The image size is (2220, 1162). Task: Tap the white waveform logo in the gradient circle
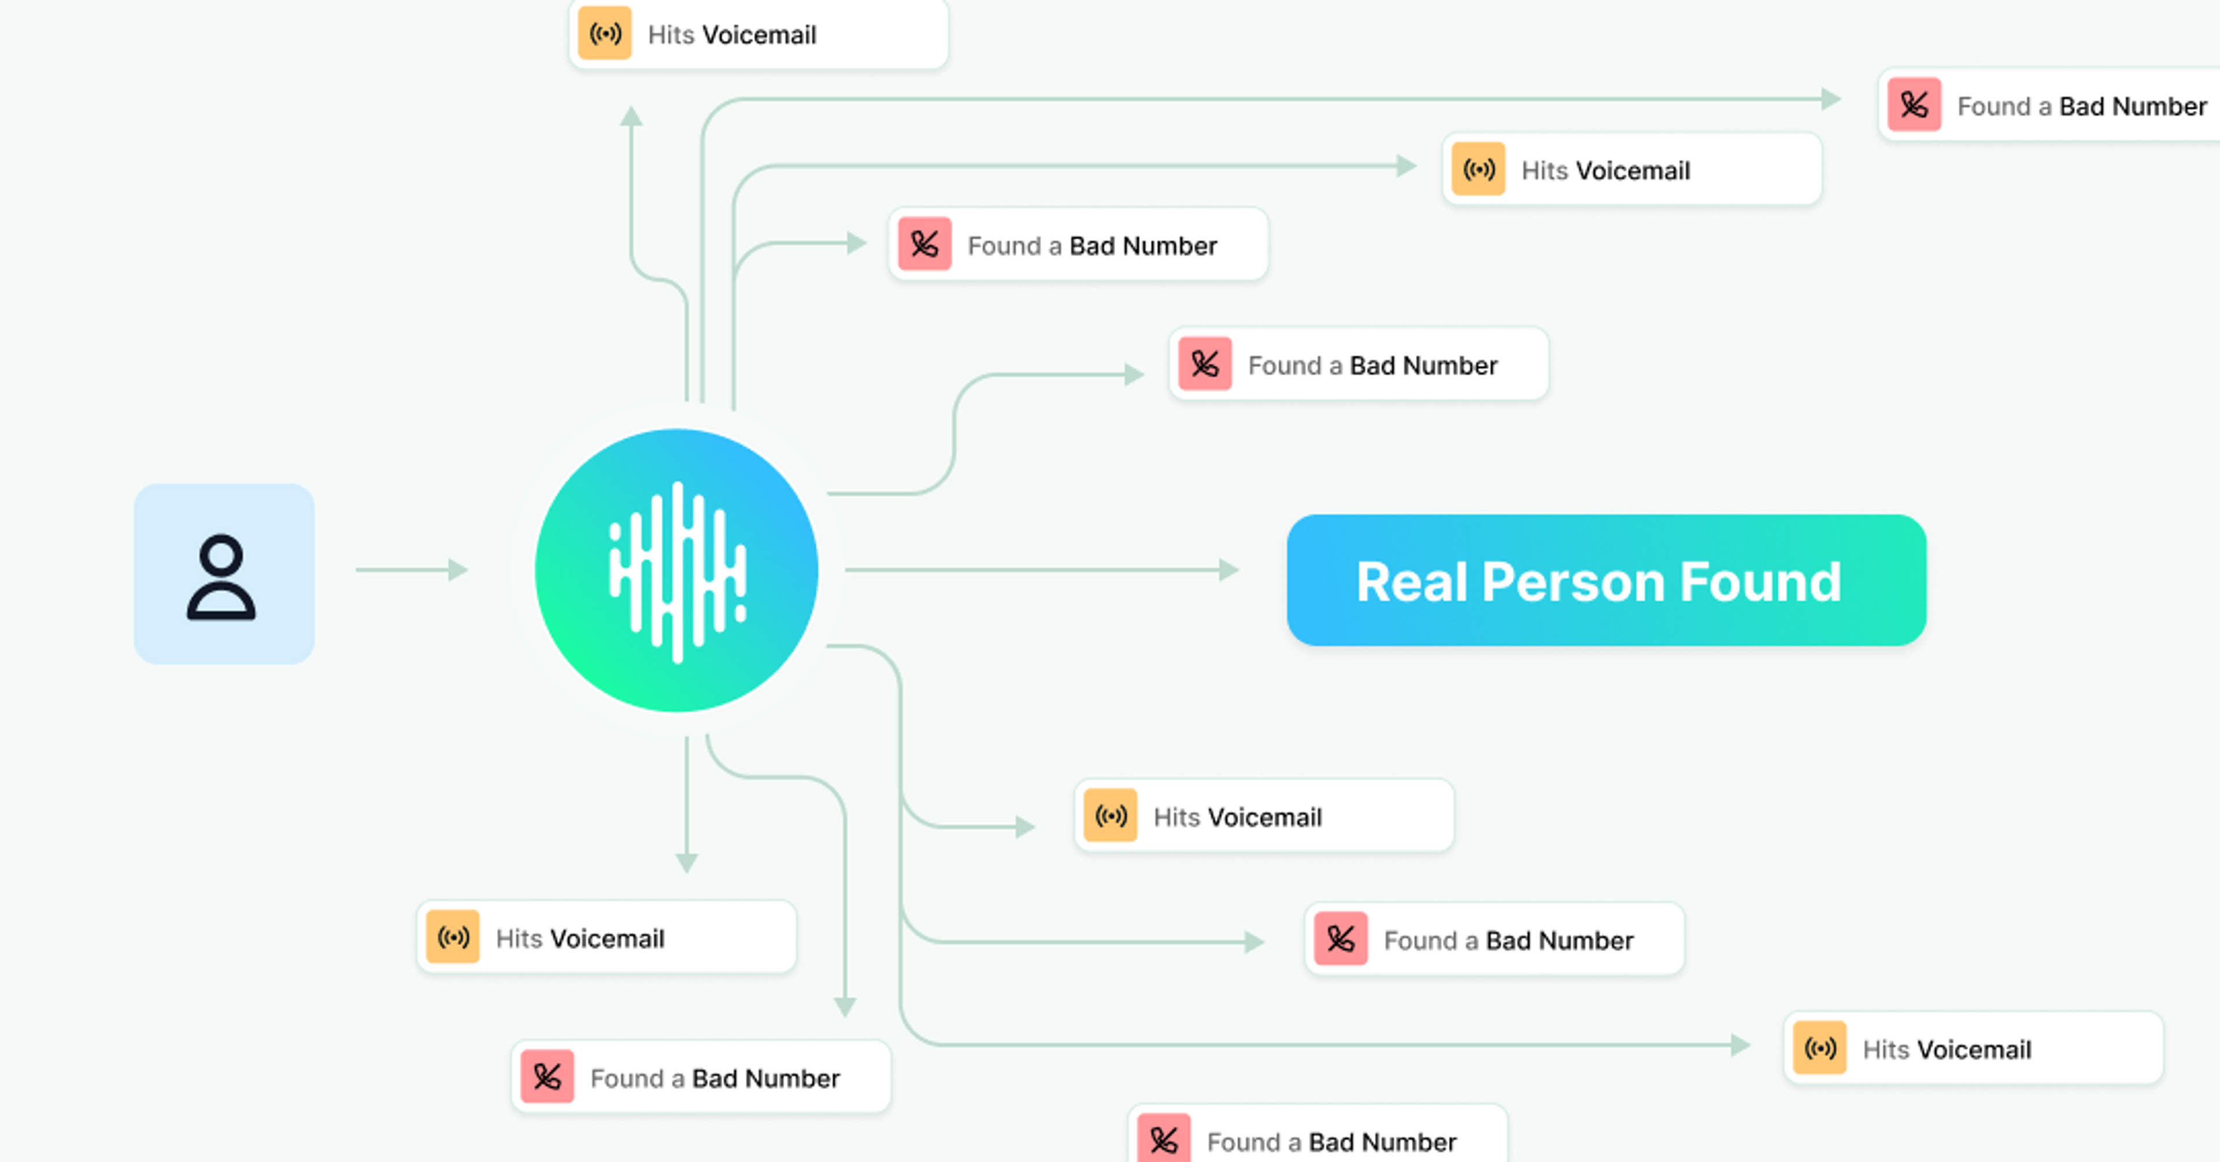[678, 571]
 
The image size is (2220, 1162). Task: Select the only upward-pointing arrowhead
[632, 116]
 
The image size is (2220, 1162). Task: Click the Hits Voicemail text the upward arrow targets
[732, 35]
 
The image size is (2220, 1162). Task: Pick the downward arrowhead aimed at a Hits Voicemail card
[686, 862]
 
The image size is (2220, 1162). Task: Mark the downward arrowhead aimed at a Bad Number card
[845, 1006]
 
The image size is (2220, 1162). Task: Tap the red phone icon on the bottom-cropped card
[1163, 1139]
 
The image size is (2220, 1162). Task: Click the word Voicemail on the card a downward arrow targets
[608, 939]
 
